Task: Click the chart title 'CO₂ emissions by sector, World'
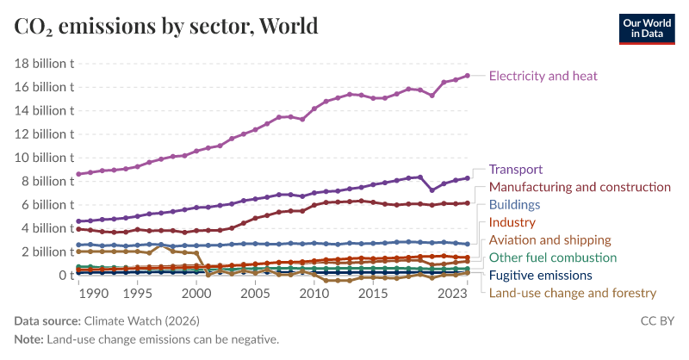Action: pos(166,26)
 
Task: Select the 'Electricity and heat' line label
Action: pos(543,76)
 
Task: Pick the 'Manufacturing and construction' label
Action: pos(580,187)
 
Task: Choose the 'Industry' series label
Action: pos(512,222)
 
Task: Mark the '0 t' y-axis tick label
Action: pos(63,276)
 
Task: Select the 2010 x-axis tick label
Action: pos(314,294)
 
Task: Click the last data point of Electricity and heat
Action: pos(468,76)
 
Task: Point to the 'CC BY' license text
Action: pos(657,321)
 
